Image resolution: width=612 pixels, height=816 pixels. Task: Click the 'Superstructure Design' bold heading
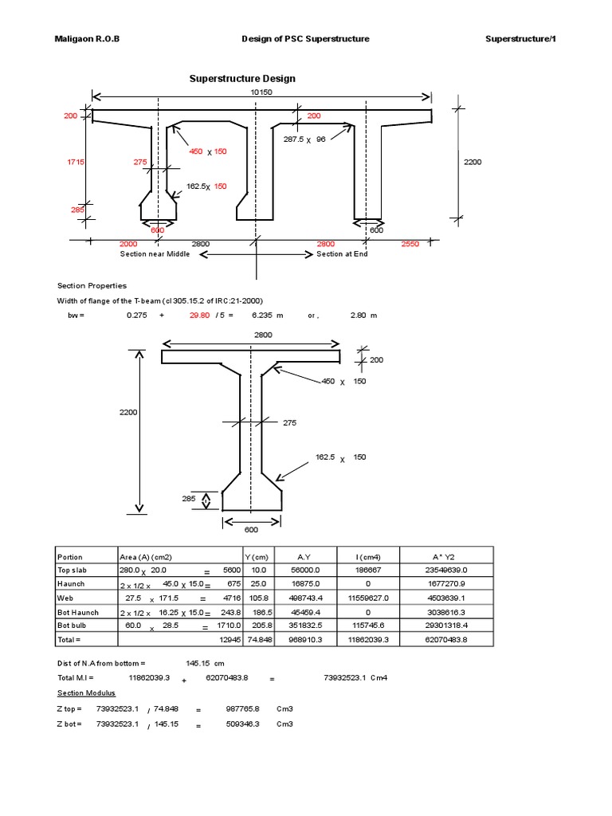tap(241, 79)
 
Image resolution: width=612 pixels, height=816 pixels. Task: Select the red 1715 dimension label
tap(76, 162)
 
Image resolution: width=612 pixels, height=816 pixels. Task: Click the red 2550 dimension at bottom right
tap(410, 244)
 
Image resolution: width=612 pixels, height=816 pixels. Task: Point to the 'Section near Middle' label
tap(156, 254)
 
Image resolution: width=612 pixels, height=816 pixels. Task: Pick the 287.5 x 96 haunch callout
tap(305, 139)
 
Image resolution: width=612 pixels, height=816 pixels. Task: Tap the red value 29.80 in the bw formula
tap(199, 316)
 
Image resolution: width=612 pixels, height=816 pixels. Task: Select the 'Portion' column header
tap(70, 557)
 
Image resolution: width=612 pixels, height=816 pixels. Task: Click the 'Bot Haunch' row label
tap(76, 611)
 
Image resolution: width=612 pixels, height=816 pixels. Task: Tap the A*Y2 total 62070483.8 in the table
tap(445, 638)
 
